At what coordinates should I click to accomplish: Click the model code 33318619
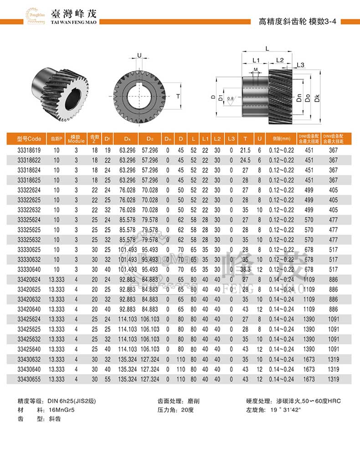pyautogui.click(x=29, y=150)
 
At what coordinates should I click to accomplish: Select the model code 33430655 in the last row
pyautogui.click(x=29, y=379)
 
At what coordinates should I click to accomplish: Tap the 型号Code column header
pyautogui.click(x=29, y=139)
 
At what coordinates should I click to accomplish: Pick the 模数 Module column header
pyautogui.click(x=76, y=139)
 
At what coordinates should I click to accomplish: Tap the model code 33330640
pyautogui.click(x=29, y=270)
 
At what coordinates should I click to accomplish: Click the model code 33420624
pyautogui.click(x=29, y=279)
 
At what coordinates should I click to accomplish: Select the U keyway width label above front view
pyautogui.click(x=139, y=56)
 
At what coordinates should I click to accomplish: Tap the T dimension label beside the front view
pyautogui.click(x=178, y=96)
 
